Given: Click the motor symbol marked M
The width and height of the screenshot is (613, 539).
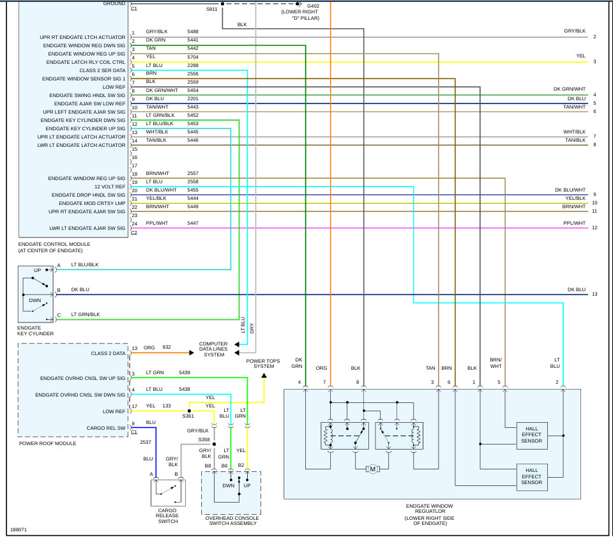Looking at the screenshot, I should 372,469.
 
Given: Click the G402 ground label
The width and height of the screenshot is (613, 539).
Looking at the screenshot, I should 313,6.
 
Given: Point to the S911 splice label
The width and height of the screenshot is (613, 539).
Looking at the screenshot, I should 211,10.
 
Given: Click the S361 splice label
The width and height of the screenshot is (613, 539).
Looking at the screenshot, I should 188,416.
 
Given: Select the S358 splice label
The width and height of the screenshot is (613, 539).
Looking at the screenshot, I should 204,439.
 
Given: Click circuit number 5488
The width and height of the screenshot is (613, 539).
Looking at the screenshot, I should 193,31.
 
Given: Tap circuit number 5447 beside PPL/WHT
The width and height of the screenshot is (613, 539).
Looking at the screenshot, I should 193,224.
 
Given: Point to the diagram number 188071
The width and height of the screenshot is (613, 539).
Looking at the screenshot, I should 19,530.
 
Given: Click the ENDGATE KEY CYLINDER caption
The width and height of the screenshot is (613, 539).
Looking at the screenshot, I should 35,331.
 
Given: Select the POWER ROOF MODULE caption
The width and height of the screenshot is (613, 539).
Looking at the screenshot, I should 47,443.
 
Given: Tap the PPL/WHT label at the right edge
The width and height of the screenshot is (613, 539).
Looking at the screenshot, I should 575,224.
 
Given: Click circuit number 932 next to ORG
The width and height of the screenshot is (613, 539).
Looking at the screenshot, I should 167,347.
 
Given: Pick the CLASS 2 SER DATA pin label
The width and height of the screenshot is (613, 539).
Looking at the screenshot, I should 102,70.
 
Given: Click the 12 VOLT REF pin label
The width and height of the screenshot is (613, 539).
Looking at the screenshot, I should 109,186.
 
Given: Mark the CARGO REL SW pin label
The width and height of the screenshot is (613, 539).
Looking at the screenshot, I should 106,428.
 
